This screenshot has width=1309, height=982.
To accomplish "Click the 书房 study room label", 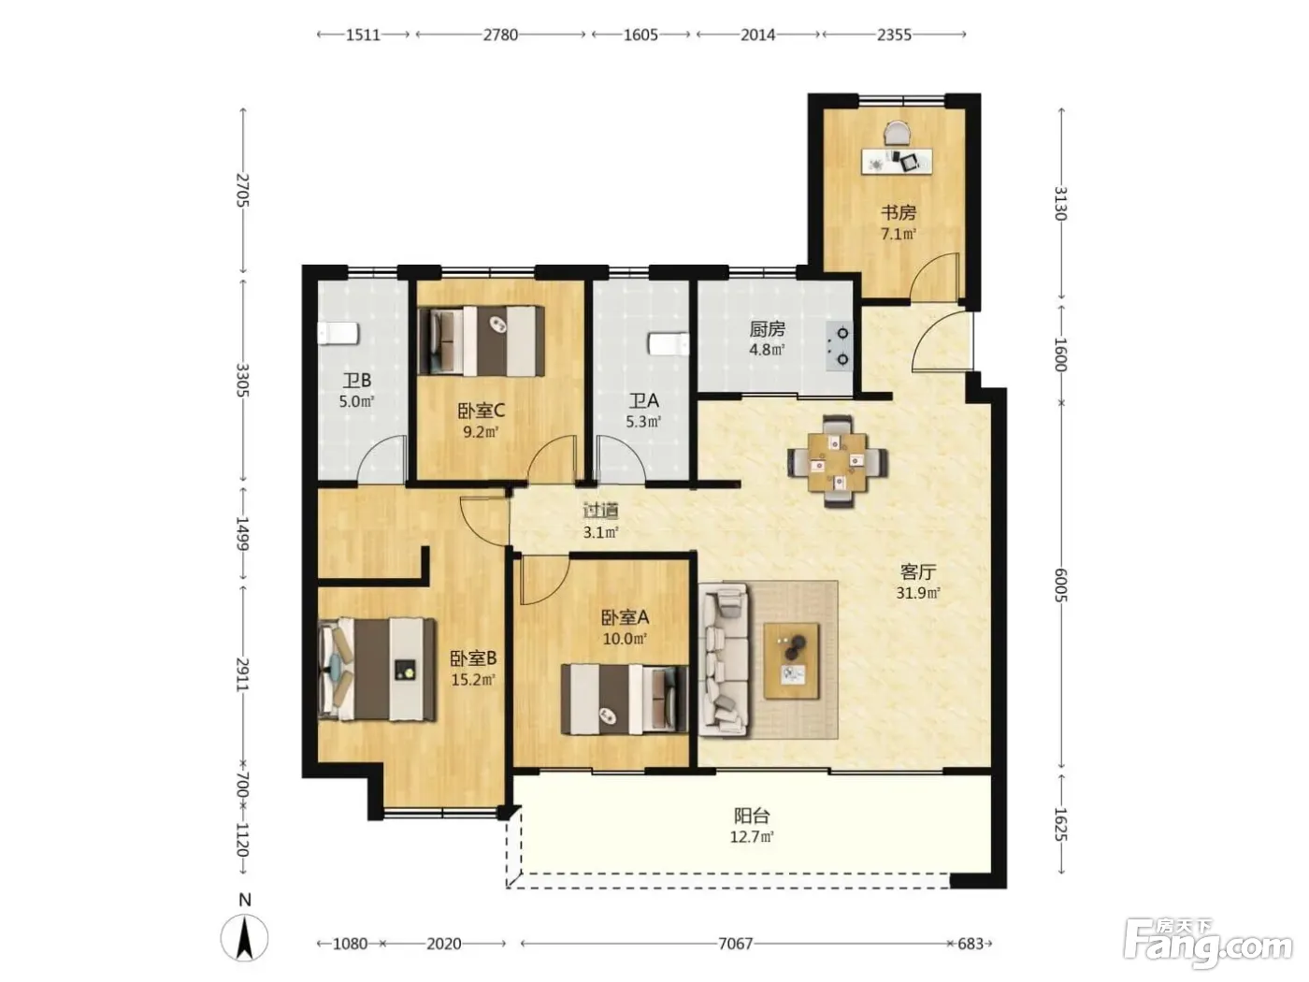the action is click(x=899, y=212).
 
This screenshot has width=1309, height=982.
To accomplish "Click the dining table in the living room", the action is click(x=837, y=461).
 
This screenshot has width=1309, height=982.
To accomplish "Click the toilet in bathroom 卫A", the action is click(x=669, y=344).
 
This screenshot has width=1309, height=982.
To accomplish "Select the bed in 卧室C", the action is click(x=482, y=341).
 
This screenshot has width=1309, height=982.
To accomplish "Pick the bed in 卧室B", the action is click(x=377, y=670).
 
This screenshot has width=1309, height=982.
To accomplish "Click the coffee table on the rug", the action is click(x=791, y=661).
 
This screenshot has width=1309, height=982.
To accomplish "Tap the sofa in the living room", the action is click(x=724, y=660).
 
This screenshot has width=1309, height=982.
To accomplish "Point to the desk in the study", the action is click(x=897, y=161).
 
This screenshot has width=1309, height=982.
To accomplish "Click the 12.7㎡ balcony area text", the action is click(x=752, y=836).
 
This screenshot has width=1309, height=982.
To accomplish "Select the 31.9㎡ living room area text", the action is click(x=918, y=593).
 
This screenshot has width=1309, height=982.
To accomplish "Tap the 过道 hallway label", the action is click(x=600, y=511).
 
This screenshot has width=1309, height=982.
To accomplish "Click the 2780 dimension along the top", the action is click(x=500, y=35).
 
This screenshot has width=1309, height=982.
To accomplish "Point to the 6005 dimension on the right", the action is click(x=1060, y=585).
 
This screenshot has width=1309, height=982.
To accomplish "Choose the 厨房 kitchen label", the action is click(x=767, y=328).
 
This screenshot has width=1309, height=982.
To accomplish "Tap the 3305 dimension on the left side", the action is click(x=242, y=380).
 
